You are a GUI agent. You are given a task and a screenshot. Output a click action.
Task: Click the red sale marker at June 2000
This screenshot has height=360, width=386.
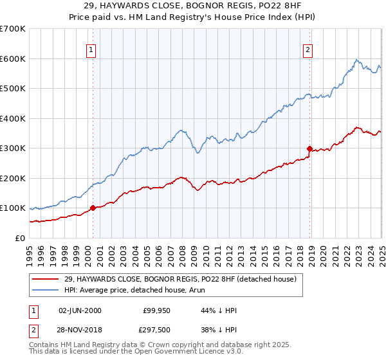click(x=93, y=208)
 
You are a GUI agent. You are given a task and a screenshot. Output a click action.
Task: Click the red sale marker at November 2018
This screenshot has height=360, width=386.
click(x=309, y=148)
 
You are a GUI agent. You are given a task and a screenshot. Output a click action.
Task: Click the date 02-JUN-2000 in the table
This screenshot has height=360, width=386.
click(x=80, y=310)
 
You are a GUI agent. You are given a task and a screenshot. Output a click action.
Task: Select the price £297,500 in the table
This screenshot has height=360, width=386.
click(x=158, y=330)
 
